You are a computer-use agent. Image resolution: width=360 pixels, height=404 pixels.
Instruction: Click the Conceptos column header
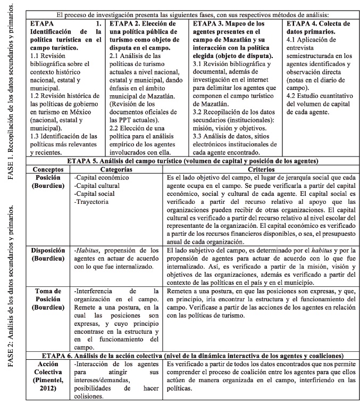[x=48, y=168]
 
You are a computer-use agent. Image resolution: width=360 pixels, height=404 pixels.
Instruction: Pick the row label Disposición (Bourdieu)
[x=48, y=254]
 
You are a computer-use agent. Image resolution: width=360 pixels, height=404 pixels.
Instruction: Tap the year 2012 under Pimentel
[x=48, y=389]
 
